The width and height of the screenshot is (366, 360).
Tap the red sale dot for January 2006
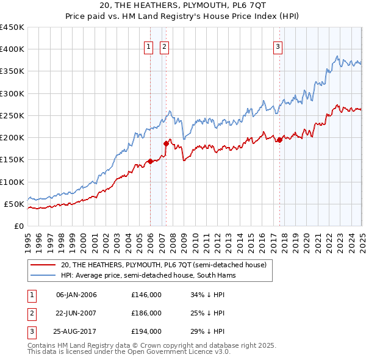coord(150,162)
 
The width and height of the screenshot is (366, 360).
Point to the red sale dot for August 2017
coord(279,140)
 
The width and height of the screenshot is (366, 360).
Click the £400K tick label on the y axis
coord(12,49)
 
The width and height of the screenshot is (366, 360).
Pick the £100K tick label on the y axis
coord(12,182)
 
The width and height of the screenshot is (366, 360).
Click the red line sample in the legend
coord(43,265)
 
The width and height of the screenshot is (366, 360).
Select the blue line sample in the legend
coord(43,276)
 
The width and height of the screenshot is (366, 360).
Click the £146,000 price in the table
coord(146,295)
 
